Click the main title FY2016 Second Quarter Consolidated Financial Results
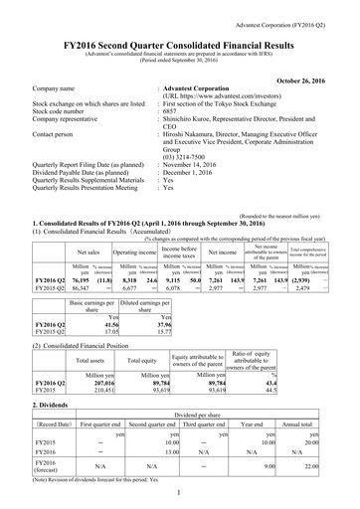click(x=180, y=33)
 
